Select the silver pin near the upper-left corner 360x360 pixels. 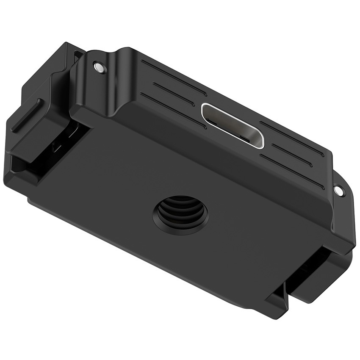coord(99,67)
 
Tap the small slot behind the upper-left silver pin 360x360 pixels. coord(79,55)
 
